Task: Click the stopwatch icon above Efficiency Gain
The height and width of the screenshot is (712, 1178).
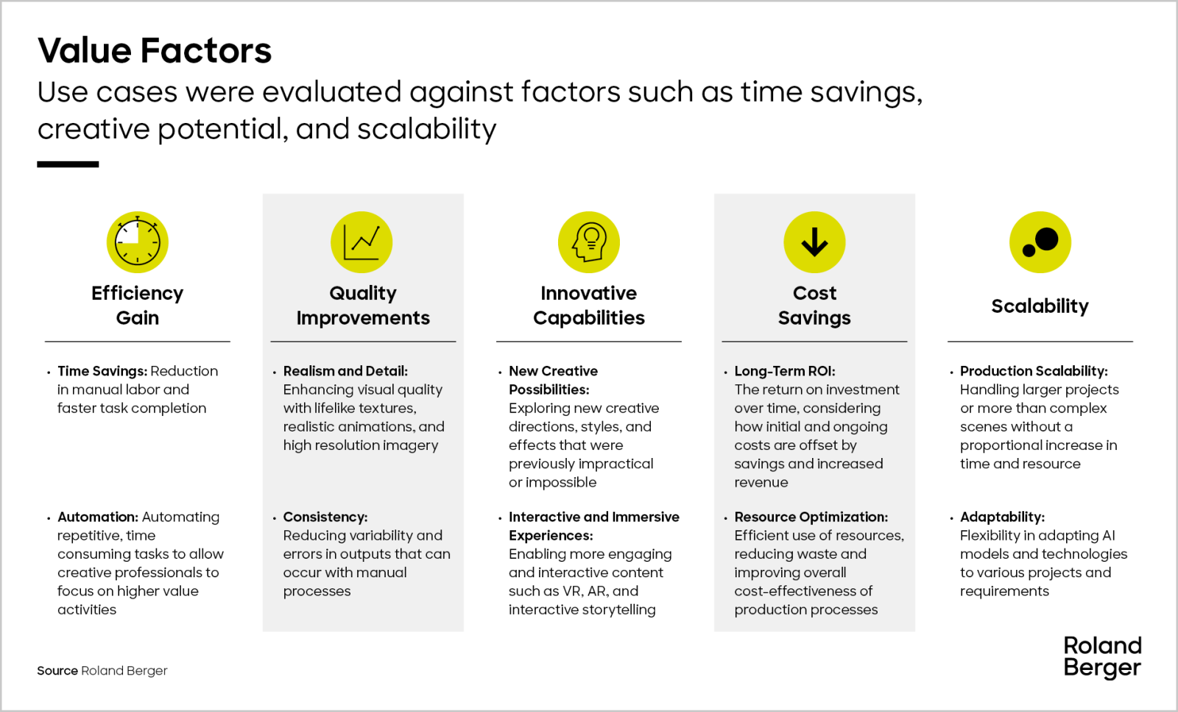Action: tap(137, 242)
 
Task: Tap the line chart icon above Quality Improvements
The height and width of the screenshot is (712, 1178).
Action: tap(361, 242)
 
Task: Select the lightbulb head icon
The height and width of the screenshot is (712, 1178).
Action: tap(589, 242)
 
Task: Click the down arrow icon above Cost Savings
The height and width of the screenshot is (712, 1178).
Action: tap(814, 242)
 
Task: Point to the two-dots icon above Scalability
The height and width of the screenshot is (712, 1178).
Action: tap(1040, 242)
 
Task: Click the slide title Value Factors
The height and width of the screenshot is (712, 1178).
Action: tap(155, 51)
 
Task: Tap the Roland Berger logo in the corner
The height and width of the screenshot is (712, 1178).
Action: tap(1102, 657)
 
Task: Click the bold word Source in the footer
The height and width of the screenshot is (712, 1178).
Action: tap(57, 671)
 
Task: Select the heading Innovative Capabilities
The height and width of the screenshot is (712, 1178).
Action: tap(589, 305)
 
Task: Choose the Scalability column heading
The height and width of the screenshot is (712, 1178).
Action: tap(1040, 306)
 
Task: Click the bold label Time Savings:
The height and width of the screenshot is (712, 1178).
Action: tap(102, 370)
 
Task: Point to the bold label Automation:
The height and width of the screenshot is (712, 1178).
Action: tap(98, 516)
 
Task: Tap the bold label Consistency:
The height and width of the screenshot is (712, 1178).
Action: tap(325, 516)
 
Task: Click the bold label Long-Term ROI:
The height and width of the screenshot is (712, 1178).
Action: tap(785, 370)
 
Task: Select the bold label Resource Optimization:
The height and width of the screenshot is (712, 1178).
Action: tap(811, 516)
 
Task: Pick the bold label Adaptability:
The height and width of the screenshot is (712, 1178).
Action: tap(1002, 516)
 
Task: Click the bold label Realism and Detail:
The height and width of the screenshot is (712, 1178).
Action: tap(345, 370)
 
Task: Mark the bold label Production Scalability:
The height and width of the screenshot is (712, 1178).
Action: tap(1034, 370)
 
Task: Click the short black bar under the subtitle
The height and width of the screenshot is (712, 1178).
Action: tap(68, 165)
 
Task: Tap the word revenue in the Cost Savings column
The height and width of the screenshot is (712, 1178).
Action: tap(761, 482)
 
